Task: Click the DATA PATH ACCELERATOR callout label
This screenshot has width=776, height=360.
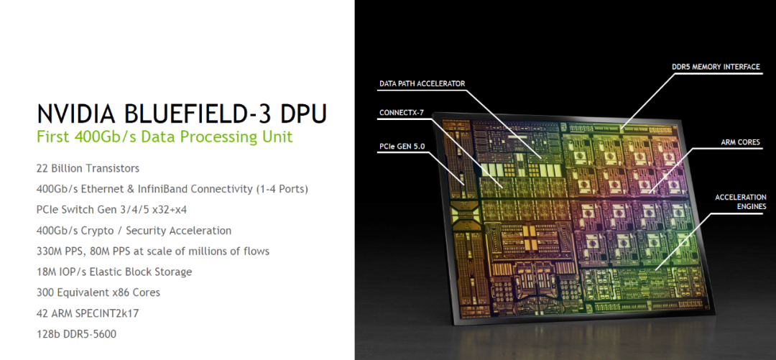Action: (x=422, y=84)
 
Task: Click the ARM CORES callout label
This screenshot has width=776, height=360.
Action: (x=739, y=142)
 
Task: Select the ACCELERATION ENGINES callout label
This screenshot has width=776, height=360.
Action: (x=740, y=201)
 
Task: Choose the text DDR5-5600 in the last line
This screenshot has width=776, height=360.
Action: (x=90, y=334)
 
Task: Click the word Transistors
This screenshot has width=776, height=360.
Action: (x=112, y=168)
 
